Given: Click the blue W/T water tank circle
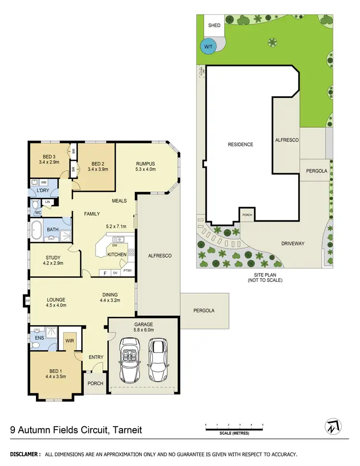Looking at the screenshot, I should (208, 47).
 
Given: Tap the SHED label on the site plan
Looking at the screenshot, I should (214, 25).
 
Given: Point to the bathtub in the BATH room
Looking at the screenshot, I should (36, 230).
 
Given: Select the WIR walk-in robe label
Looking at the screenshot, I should (70, 341).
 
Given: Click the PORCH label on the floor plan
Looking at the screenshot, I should (94, 383).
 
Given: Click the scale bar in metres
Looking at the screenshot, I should (234, 429).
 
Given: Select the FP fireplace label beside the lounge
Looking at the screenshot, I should (26, 301).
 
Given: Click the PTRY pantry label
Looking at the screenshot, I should (128, 271).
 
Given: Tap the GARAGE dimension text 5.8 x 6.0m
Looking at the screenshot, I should (144, 330).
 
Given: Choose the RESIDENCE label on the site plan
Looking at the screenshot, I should (240, 144).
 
